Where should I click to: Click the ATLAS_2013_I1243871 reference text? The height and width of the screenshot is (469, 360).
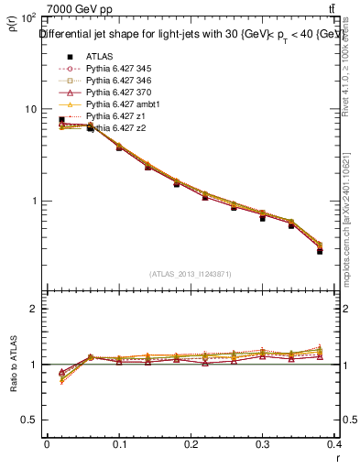tap(190, 274)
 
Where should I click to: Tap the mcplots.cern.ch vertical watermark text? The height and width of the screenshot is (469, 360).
tap(347, 211)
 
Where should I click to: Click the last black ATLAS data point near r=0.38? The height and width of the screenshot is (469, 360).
tap(320, 250)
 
